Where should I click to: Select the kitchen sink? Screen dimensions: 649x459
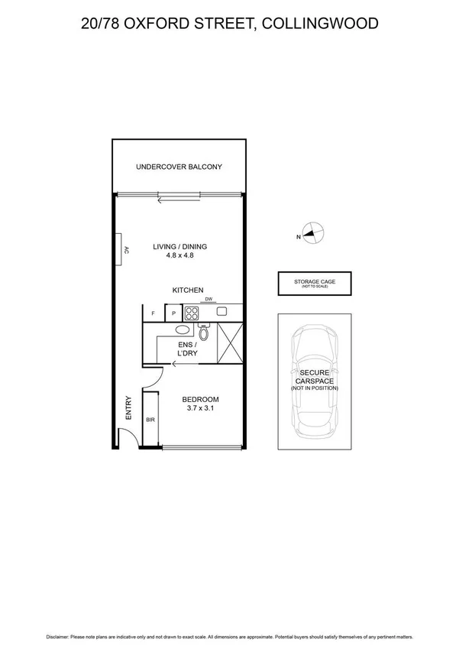pyautogui.click(x=221, y=312)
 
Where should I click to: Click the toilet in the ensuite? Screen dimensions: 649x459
pyautogui.click(x=203, y=332)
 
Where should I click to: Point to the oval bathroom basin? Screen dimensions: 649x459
pyautogui.click(x=183, y=330)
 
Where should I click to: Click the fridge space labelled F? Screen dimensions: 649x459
pyautogui.click(x=154, y=313)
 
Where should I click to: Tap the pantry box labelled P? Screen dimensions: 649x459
pyautogui.click(x=173, y=313)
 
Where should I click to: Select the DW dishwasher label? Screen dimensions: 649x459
pyautogui.click(x=208, y=300)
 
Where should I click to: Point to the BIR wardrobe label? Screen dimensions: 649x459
pyautogui.click(x=150, y=420)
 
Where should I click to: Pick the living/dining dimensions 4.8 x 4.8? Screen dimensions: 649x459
pyautogui.click(x=179, y=256)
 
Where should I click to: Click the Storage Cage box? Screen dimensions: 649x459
pyautogui.click(x=315, y=284)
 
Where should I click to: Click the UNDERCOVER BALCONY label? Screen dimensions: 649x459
pyautogui.click(x=179, y=167)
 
